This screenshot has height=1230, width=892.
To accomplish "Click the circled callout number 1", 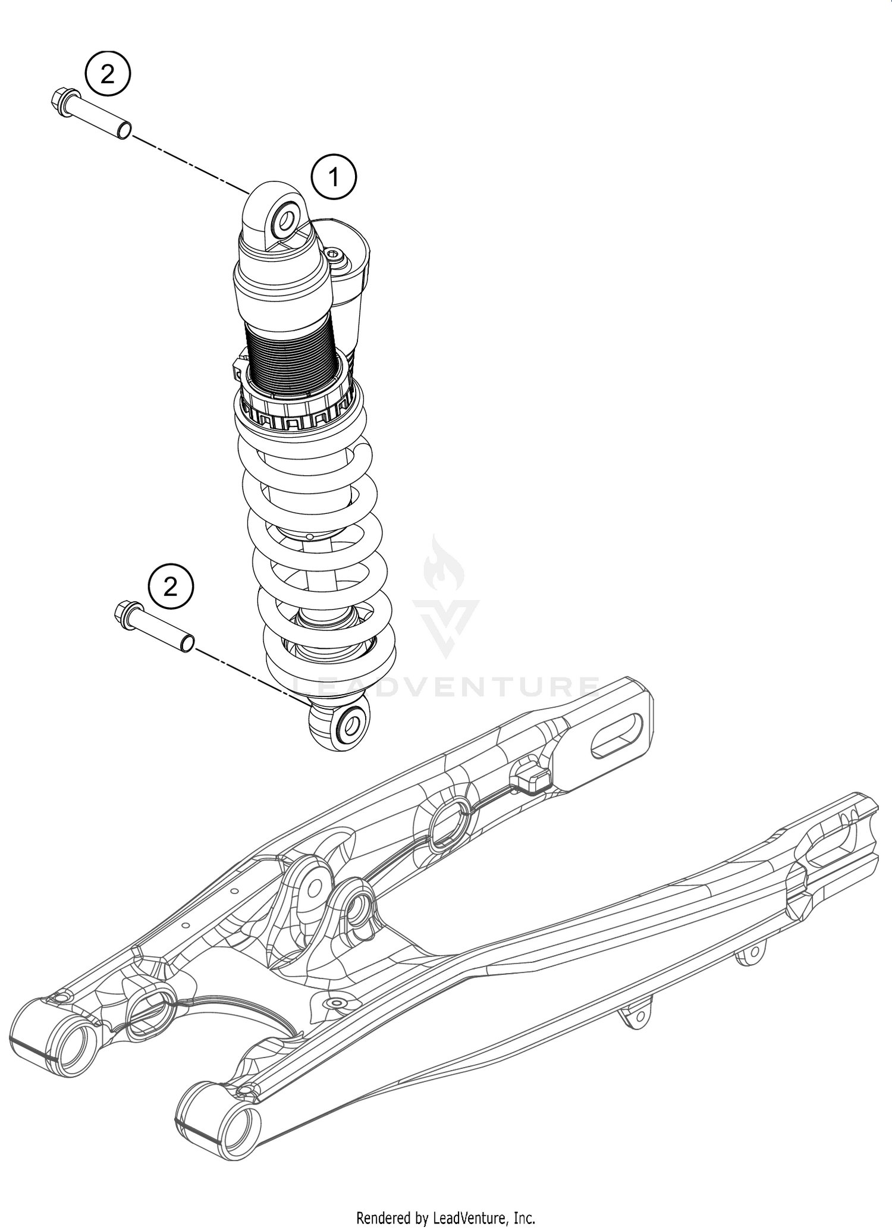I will pyautogui.click(x=334, y=177).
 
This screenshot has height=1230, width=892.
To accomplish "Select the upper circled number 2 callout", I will pyautogui.click(x=107, y=75).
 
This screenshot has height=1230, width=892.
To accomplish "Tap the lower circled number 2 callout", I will pyautogui.click(x=171, y=588).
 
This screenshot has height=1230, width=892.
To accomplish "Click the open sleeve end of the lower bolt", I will pyautogui.click(x=187, y=642).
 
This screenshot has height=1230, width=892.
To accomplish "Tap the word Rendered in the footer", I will pyautogui.click(x=381, y=1216).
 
